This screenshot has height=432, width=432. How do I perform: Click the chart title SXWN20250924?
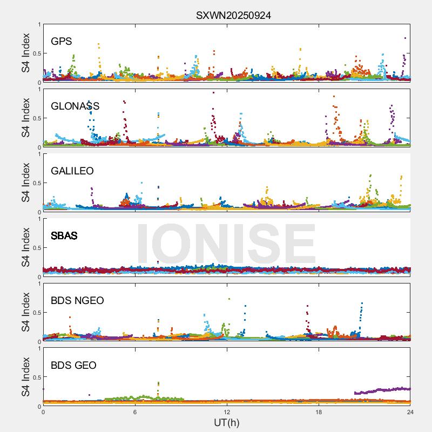click(x=233, y=15)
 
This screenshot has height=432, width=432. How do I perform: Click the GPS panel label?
click(x=61, y=42)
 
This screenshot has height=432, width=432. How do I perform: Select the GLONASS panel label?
click(x=75, y=106)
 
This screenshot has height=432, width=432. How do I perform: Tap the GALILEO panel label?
click(x=72, y=171)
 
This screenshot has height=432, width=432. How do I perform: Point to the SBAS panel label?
click(x=64, y=236)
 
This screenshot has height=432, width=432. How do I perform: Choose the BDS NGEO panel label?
click(x=77, y=301)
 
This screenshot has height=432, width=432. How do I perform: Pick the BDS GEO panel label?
click(x=73, y=366)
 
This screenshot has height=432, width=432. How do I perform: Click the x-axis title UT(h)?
click(x=226, y=422)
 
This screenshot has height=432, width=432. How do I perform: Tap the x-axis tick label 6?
click(x=135, y=412)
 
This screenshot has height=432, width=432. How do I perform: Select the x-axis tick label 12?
click(x=227, y=412)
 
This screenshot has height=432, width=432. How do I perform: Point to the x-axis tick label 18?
click(x=319, y=412)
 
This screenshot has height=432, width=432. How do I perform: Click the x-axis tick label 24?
click(x=410, y=412)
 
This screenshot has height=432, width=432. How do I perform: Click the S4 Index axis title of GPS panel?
click(x=26, y=53)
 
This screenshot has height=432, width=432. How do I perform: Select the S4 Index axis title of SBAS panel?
click(x=26, y=247)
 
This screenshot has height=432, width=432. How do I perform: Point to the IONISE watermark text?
click(x=226, y=243)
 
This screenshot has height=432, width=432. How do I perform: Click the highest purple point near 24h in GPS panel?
click(x=405, y=38)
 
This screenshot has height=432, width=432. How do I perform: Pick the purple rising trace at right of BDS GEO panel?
click(x=383, y=390)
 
